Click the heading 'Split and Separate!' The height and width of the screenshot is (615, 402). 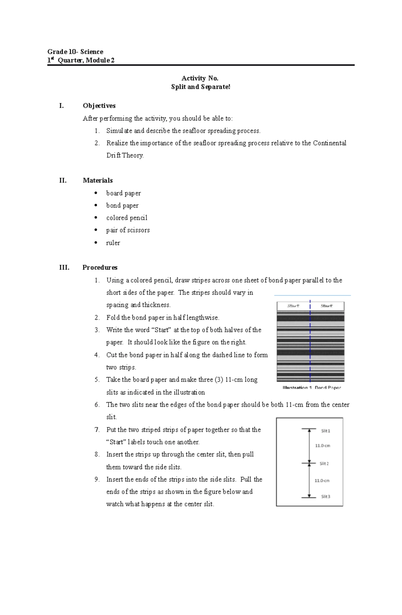(x=201, y=87)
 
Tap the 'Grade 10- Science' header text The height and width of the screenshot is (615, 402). (x=75, y=52)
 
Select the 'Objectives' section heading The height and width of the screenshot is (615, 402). (x=99, y=106)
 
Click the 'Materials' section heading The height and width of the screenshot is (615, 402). (x=98, y=180)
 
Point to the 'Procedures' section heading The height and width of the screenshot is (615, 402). (x=100, y=267)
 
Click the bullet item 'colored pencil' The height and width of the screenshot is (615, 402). (x=127, y=218)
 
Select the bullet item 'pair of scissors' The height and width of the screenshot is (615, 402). (x=128, y=230)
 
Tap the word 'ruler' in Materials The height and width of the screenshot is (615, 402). (x=113, y=243)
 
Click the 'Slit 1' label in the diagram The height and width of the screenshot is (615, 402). (x=326, y=431)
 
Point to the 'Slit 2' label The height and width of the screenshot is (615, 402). (x=324, y=464)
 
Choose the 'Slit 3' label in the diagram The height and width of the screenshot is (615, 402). (x=326, y=496)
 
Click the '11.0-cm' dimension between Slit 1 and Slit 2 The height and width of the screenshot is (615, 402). (x=322, y=446)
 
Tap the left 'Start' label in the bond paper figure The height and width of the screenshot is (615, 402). (x=293, y=306)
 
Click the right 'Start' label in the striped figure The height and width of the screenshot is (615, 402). (x=326, y=306)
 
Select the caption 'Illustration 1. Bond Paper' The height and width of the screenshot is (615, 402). (x=312, y=387)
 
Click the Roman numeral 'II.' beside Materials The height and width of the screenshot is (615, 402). (x=63, y=180)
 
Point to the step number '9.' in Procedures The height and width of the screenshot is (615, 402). (x=97, y=479)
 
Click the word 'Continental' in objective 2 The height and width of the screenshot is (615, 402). (x=329, y=143)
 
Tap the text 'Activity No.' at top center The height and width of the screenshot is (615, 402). (x=200, y=78)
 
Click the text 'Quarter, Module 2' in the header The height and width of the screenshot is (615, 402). (x=86, y=60)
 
